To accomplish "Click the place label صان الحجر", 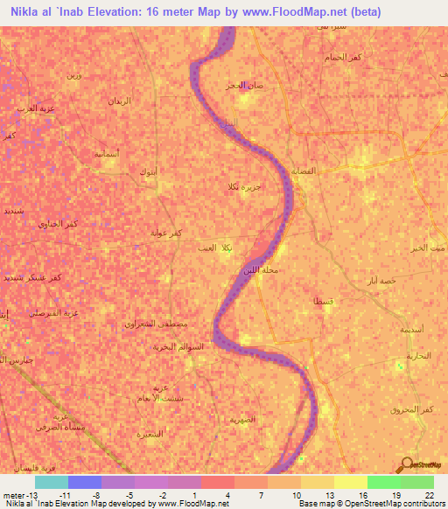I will [x=243, y=86].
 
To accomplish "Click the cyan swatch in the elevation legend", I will [x=51, y=482].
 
